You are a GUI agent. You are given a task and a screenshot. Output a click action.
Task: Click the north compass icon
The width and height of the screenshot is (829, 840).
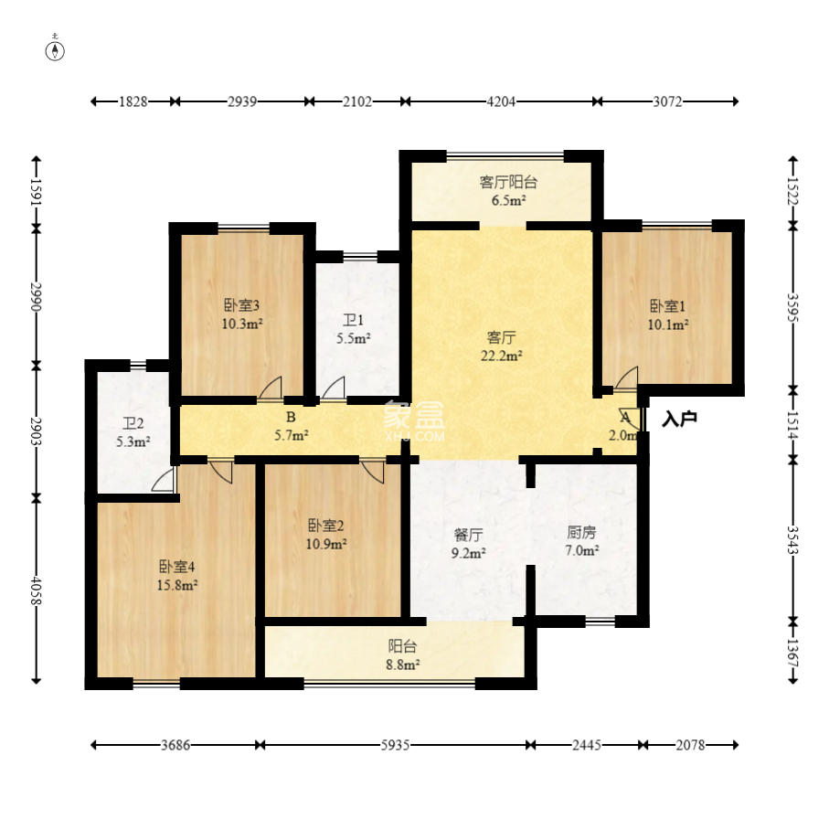[x=55, y=49]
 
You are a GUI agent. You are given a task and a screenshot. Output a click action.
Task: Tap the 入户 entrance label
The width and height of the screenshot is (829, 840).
[x=679, y=419]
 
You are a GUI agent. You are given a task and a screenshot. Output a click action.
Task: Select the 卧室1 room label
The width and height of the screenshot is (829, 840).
[x=667, y=306]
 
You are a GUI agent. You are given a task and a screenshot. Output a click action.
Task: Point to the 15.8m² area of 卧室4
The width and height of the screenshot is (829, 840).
[x=177, y=585]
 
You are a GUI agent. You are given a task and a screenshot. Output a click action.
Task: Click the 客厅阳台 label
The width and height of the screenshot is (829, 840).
[x=508, y=182]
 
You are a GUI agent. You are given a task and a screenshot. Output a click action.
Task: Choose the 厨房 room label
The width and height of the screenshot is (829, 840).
[x=581, y=532]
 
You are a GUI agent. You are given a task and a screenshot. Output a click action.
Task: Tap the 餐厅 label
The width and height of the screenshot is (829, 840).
[x=468, y=534]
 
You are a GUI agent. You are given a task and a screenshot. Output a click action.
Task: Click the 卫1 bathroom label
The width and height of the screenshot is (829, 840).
[x=354, y=320]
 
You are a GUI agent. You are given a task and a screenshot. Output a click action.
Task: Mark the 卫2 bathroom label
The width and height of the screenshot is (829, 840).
[x=133, y=424]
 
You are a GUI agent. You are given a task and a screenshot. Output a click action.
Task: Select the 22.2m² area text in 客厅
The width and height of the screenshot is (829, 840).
[x=501, y=356]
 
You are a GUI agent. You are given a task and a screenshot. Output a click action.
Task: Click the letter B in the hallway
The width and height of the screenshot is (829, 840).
[x=291, y=417]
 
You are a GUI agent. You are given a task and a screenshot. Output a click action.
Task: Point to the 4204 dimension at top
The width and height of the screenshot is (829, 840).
[x=501, y=101]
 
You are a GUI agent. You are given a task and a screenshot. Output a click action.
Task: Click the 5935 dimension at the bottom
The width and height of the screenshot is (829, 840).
[x=395, y=745]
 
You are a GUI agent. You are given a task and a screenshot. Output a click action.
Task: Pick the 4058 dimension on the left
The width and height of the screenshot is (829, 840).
[x=36, y=590]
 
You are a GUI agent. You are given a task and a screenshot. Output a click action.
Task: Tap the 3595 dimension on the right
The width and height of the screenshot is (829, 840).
[x=793, y=307]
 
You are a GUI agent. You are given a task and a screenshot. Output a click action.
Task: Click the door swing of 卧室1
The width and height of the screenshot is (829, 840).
[x=627, y=378]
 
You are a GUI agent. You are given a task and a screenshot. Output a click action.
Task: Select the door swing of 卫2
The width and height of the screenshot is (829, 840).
[x=164, y=480]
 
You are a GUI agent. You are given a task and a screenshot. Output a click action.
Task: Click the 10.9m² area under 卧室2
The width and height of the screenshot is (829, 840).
[x=326, y=544]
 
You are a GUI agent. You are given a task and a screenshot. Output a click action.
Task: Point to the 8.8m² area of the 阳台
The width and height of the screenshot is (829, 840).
[x=403, y=665]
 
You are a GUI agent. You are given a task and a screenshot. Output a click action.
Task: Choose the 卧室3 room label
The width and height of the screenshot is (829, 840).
[x=241, y=305]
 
